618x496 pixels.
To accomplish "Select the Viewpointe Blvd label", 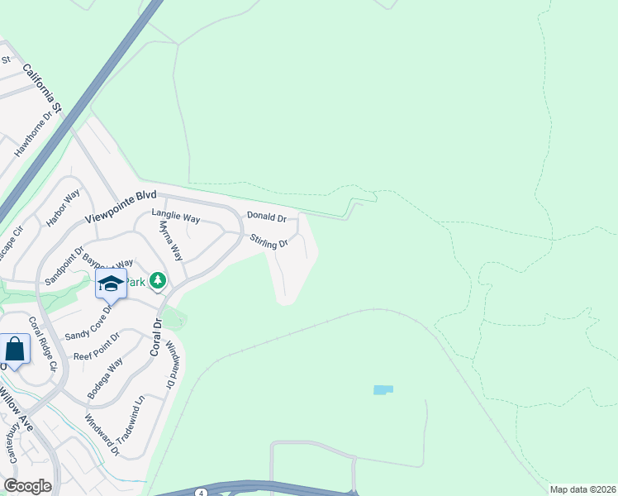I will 120,211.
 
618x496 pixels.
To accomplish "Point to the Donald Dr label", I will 266,217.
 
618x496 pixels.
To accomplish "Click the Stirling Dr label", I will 269,241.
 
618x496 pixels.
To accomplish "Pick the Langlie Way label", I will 176,217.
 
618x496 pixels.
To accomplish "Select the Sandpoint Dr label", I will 65,265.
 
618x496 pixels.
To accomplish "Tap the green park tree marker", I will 157,281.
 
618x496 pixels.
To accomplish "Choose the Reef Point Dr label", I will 97,347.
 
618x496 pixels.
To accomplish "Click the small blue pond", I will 383,389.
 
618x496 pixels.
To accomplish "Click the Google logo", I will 27,486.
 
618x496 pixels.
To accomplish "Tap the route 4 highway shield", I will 201,493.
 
